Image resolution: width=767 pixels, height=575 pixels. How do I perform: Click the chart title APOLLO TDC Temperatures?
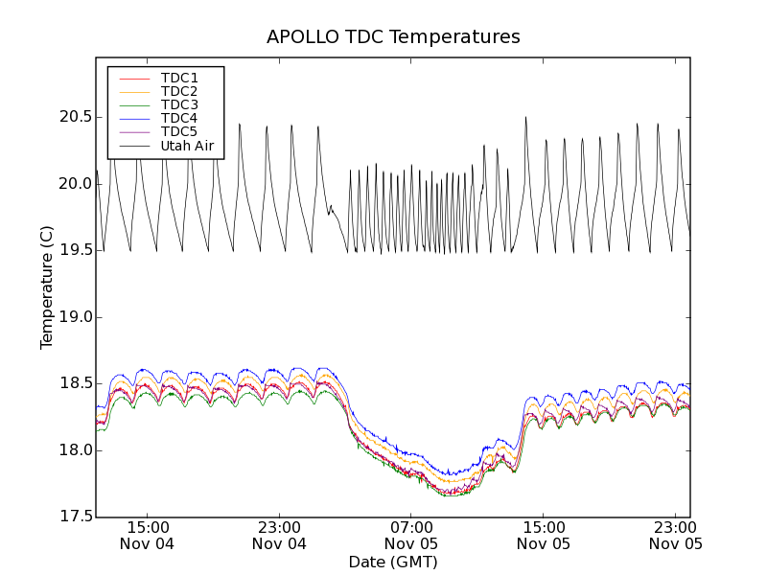tap(393, 37)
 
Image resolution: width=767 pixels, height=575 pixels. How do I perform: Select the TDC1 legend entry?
tap(179, 78)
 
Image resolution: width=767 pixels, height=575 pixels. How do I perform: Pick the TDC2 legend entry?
tap(179, 91)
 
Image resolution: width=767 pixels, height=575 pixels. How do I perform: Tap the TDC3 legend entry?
tap(179, 104)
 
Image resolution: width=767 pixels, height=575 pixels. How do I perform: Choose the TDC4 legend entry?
tap(179, 118)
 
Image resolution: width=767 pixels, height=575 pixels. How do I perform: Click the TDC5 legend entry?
tap(179, 131)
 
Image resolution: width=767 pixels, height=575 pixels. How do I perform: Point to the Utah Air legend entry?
tap(187, 146)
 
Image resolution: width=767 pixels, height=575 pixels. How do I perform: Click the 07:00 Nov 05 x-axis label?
tap(411, 535)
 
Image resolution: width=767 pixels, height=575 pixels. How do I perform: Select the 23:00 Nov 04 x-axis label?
tap(279, 535)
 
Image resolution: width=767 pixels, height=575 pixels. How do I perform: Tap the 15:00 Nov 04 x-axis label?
tap(147, 535)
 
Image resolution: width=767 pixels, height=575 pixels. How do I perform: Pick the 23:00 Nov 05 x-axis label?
tap(675, 535)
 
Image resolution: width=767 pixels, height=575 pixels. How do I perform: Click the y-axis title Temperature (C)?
tap(47, 287)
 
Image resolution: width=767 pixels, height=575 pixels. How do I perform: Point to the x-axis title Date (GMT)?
tap(393, 562)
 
